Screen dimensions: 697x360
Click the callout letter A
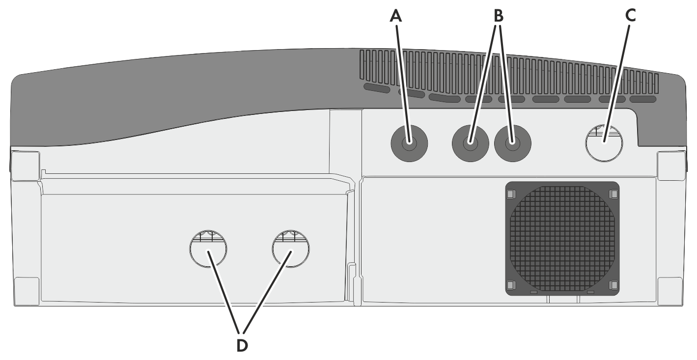tap(396, 16)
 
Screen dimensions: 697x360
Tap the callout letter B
tap(499, 16)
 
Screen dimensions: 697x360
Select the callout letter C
tap(630, 16)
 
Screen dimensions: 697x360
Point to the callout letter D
tap(242, 346)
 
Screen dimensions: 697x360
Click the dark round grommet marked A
tap(409, 143)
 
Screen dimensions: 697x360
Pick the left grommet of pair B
tap(470, 143)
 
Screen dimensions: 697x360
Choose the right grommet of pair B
tap(512, 143)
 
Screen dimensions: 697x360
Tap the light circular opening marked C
tap(604, 143)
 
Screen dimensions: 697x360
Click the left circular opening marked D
tap(208, 249)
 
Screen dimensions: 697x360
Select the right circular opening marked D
tap(291, 249)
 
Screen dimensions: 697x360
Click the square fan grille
tap(562, 239)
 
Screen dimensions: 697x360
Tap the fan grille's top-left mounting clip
tap(511, 194)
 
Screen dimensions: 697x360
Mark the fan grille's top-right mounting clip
tap(613, 194)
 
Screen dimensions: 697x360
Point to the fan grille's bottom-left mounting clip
tap(511, 285)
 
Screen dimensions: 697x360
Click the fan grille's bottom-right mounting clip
tap(613, 285)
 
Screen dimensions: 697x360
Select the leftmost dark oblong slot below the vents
tap(377, 88)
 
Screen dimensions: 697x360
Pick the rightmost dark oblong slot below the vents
tap(643, 99)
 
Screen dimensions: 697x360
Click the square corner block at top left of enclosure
tap(26, 166)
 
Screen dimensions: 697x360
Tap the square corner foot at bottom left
tap(27, 291)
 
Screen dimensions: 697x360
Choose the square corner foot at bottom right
tap(670, 291)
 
